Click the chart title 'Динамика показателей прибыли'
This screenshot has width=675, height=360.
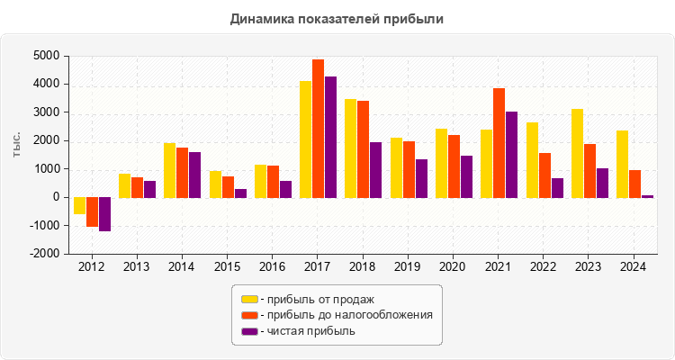click(x=337, y=18)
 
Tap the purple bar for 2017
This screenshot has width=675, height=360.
click(x=330, y=137)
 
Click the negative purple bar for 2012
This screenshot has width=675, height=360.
click(x=104, y=214)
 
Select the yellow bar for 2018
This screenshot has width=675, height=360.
click(x=350, y=148)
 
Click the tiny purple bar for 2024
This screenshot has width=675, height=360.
click(x=647, y=195)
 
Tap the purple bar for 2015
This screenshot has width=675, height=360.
click(x=240, y=193)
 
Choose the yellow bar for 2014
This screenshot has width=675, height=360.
click(x=169, y=170)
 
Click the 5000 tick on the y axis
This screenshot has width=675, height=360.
click(x=47, y=56)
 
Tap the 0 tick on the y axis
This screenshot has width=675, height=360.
click(x=56, y=197)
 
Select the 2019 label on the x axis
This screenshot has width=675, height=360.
click(x=408, y=267)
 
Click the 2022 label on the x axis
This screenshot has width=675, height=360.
click(x=544, y=267)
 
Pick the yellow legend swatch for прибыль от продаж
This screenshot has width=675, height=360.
click(x=249, y=299)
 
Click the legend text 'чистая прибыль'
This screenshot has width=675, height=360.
click(x=308, y=331)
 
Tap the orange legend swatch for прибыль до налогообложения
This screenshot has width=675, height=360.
click(x=249, y=315)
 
